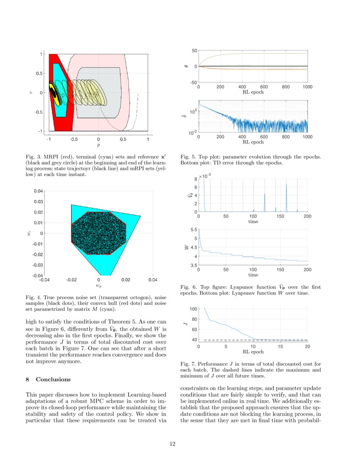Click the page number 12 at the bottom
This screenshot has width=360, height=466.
coord(172,444)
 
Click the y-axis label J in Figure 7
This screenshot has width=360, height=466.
coord(185,324)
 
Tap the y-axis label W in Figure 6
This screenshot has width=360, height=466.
coord(185,247)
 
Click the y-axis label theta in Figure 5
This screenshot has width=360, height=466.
coord(185,67)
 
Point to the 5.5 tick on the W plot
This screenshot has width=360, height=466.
coord(193,230)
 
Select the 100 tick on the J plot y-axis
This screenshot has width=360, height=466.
coord(193,309)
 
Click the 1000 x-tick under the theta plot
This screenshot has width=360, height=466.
coord(307,86)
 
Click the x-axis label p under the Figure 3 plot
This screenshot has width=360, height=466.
coord(98,144)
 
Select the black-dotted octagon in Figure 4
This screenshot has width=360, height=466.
coord(98,233)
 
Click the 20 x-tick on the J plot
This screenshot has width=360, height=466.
coord(307,347)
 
